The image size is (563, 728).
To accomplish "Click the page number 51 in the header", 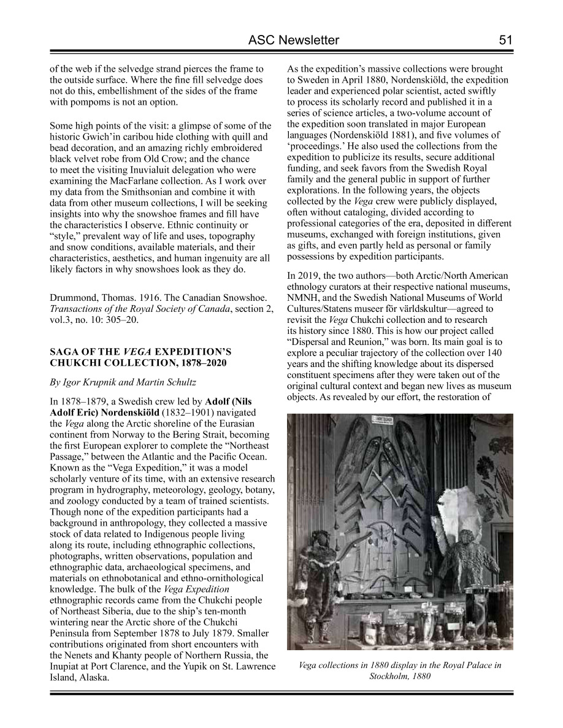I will click(x=505, y=40).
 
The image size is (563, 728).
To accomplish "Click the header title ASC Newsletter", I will click(x=294, y=40).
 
